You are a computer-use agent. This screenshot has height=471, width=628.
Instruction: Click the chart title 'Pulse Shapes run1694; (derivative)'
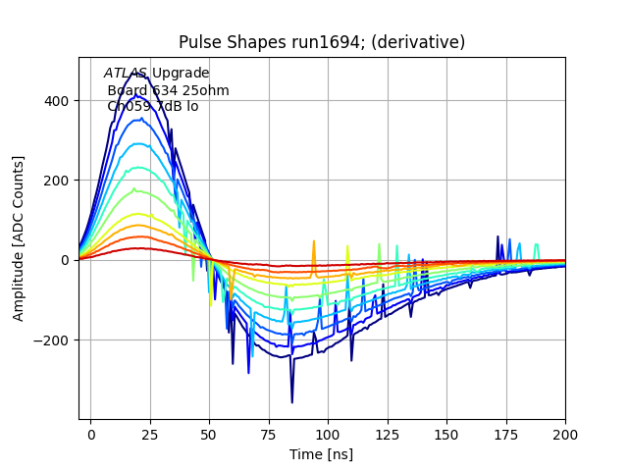(322, 42)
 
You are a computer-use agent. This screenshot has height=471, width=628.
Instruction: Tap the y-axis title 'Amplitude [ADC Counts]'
(19, 238)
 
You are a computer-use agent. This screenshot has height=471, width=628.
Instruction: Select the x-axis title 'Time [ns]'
(322, 454)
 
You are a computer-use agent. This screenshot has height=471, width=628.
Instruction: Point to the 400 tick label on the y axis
(55, 101)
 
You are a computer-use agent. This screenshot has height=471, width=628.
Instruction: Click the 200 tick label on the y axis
(55, 181)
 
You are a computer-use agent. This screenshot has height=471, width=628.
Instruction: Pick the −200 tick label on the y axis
(51, 340)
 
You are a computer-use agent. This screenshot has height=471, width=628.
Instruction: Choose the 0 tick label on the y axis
(65, 260)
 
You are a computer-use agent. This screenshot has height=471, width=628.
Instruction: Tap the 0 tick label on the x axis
(91, 433)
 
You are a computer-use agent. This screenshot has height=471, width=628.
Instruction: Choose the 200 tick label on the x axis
(565, 433)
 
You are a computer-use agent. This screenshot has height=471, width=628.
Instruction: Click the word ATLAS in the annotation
(126, 74)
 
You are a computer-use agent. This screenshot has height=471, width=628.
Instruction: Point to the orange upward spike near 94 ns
(314, 241)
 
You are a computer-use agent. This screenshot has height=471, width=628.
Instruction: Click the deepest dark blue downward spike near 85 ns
(291, 401)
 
